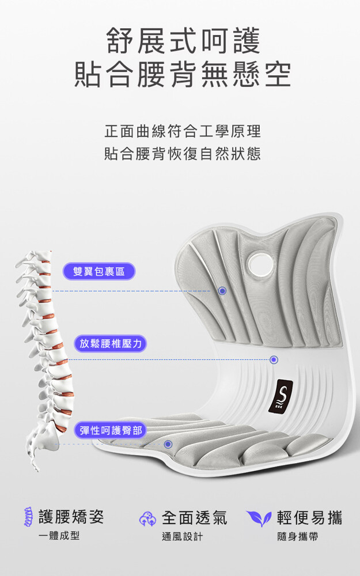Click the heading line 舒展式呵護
point(183,41)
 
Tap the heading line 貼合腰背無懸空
point(183,74)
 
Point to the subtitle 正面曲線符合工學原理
point(183,131)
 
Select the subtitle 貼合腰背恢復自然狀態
point(183,154)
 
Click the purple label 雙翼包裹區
point(99,271)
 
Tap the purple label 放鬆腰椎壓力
point(111,343)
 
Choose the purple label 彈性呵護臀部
point(111,430)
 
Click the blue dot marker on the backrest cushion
point(222,291)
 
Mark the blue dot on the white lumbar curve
point(274,359)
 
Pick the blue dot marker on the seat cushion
point(168,444)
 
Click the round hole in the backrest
point(260,263)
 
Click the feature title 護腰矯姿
point(71,517)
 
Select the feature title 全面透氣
point(195,518)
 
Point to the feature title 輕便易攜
point(310,518)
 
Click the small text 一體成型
point(59,536)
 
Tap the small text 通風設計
point(182,537)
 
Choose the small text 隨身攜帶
point(298,537)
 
